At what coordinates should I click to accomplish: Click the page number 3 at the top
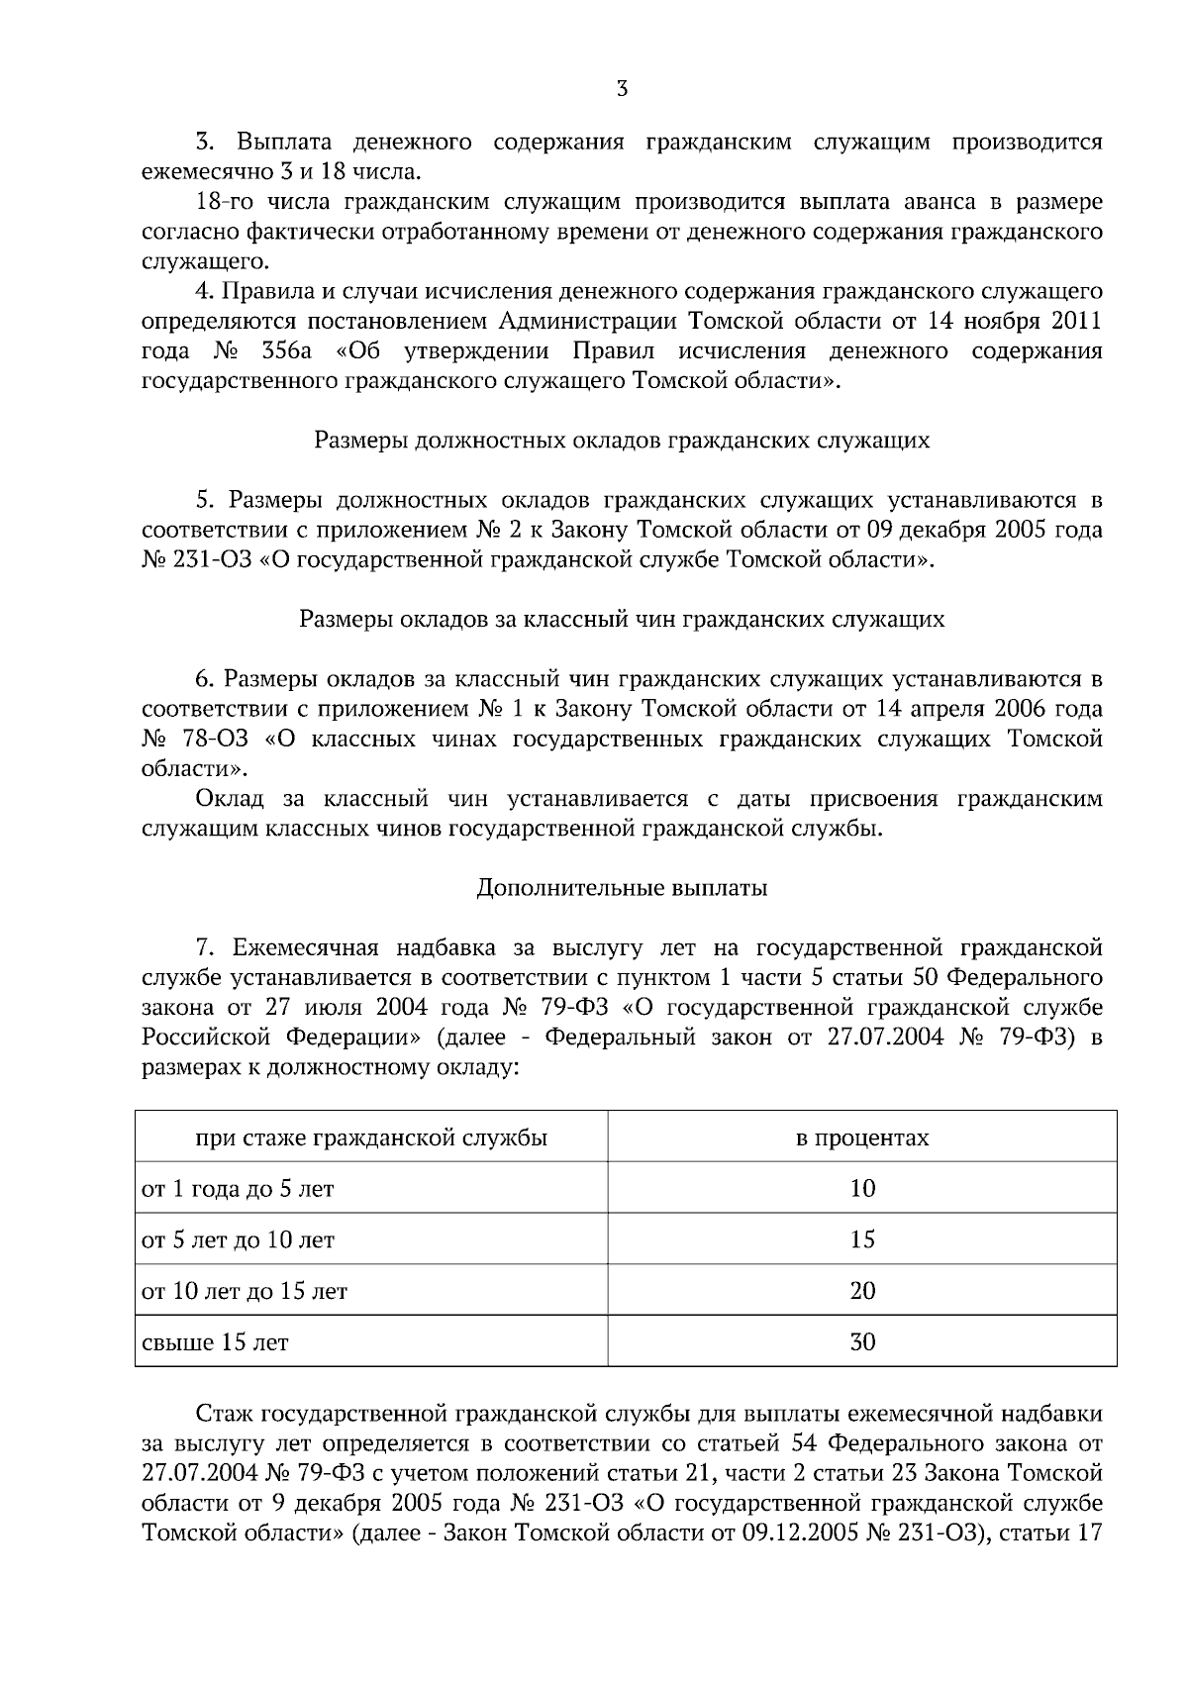click(x=622, y=89)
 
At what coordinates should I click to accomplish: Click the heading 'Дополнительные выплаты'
click(x=622, y=888)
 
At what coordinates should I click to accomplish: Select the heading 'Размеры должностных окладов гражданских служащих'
click(x=622, y=441)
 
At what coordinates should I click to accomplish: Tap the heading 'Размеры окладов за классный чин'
click(x=622, y=620)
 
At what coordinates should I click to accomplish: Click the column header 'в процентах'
click(x=862, y=1137)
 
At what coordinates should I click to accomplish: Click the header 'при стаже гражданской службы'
click(x=371, y=1137)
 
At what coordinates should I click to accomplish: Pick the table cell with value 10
click(x=862, y=1188)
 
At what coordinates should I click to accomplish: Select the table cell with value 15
click(x=862, y=1239)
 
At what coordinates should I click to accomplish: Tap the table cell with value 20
click(x=862, y=1291)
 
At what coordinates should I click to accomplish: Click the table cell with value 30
click(x=862, y=1342)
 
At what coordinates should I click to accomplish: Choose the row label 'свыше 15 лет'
click(x=216, y=1343)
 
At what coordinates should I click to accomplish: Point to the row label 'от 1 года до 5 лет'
click(x=239, y=1189)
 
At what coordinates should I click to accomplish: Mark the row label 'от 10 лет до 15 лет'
click(x=245, y=1292)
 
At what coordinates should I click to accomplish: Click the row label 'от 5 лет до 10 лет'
click(x=239, y=1240)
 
